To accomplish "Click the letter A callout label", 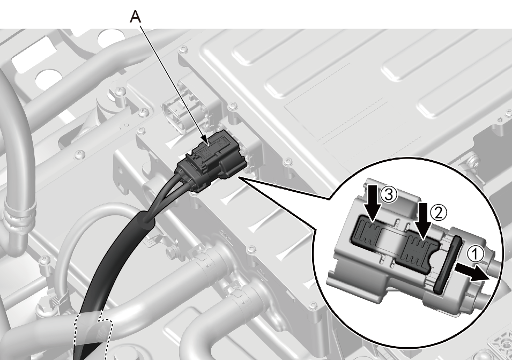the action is [136, 16].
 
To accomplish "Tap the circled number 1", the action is [476, 254].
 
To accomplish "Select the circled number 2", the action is [438, 213].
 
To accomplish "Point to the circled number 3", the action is [388, 195].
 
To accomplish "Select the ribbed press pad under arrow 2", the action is [420, 253].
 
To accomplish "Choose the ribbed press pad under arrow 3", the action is [367, 232].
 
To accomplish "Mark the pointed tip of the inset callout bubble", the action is [239, 177].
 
